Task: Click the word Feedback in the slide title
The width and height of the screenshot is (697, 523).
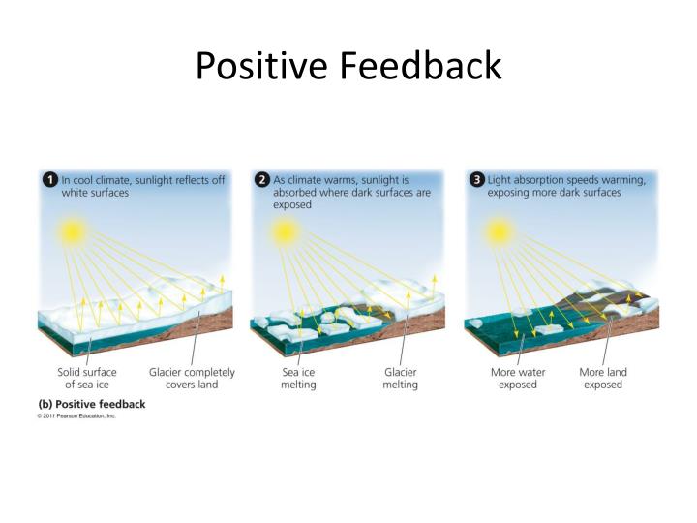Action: point(421,66)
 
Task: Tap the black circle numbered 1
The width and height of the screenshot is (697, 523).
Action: point(48,180)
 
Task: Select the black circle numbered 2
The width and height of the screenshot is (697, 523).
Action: point(261,180)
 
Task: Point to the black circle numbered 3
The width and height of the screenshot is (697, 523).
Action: point(475,180)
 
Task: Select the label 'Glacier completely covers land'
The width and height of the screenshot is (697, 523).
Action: point(191,378)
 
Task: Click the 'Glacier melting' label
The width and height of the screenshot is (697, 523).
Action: point(400,378)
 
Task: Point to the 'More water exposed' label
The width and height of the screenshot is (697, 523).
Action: point(518,378)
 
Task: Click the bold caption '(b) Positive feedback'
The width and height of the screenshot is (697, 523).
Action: point(92,404)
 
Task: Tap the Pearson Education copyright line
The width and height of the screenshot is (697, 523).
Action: point(76,415)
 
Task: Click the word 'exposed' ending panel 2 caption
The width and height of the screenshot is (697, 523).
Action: point(292,204)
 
